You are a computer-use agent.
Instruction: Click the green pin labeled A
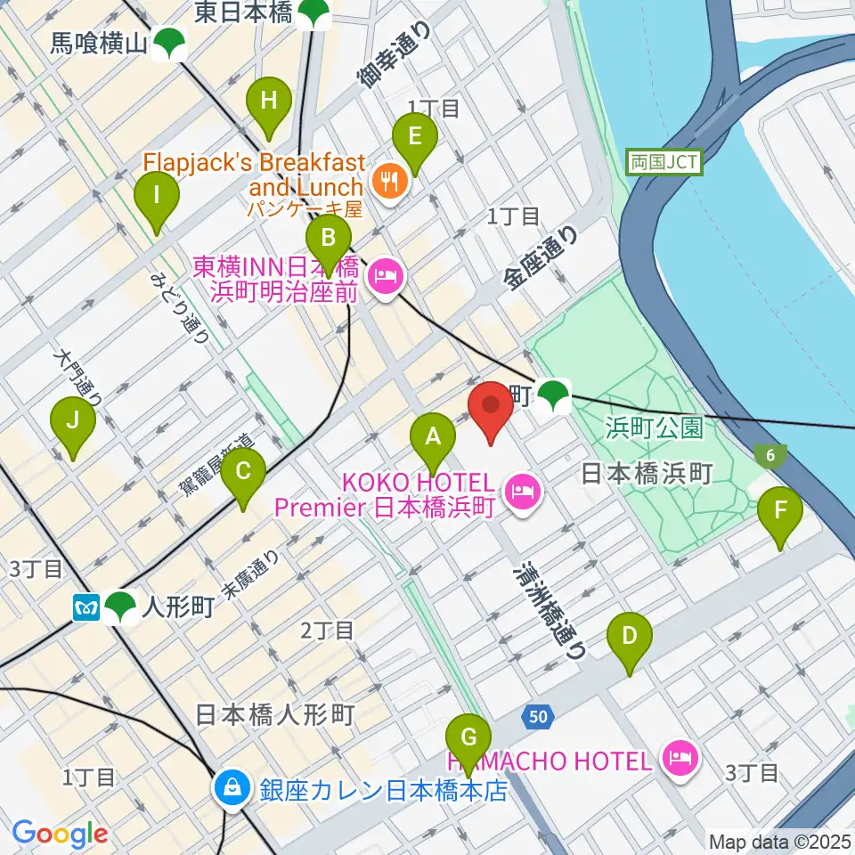tap(433, 437)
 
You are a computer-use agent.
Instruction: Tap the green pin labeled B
tap(328, 238)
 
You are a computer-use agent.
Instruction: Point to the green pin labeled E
tap(415, 137)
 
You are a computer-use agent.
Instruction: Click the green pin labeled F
tap(780, 511)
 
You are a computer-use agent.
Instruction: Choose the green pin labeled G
tap(468, 737)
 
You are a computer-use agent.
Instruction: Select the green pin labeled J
tap(73, 421)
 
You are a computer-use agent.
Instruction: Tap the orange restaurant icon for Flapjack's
tap(388, 181)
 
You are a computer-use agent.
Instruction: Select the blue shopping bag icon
tap(232, 787)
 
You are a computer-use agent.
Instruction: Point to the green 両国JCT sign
tap(664, 162)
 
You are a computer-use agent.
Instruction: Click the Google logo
tap(60, 835)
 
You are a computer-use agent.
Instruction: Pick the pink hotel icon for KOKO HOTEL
tap(522, 490)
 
